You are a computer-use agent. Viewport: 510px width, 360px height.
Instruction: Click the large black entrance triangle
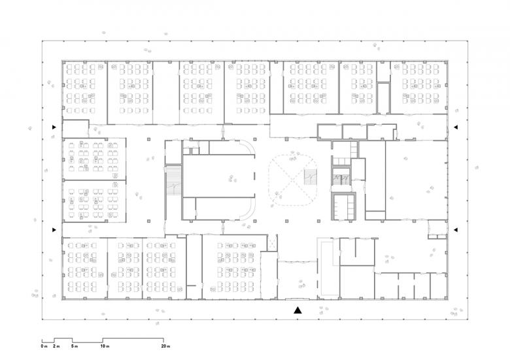pos(297,310)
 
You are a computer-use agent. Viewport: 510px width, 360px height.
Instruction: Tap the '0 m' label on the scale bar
pos(44,346)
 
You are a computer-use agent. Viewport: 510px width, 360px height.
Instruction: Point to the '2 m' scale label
pos(56,346)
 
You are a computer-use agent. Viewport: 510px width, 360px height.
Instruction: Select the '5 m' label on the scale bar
pos(75,346)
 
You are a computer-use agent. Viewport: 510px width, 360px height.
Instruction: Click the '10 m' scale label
pos(105,346)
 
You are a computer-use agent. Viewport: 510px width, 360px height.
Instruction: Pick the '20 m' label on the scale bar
pos(165,346)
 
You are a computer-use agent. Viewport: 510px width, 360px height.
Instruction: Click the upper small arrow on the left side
pos(54,127)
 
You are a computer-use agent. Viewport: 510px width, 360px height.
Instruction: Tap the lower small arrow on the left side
pos(54,230)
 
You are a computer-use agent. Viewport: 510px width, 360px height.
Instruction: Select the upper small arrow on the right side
pos(456,127)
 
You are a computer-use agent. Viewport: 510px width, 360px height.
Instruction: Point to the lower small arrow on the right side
pos(456,230)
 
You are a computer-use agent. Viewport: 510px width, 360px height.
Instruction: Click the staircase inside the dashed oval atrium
pos(311,177)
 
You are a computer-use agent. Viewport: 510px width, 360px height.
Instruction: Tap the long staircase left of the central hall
pos(174,180)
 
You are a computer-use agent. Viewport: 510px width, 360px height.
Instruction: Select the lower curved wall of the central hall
pos(250,212)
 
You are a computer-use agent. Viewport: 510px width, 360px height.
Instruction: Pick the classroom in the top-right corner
pos(418,88)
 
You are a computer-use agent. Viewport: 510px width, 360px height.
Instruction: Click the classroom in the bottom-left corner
pos(85,269)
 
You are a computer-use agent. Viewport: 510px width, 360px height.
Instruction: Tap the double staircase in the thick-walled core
pos(341,178)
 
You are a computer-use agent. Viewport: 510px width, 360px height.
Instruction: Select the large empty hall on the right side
pos(416,180)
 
